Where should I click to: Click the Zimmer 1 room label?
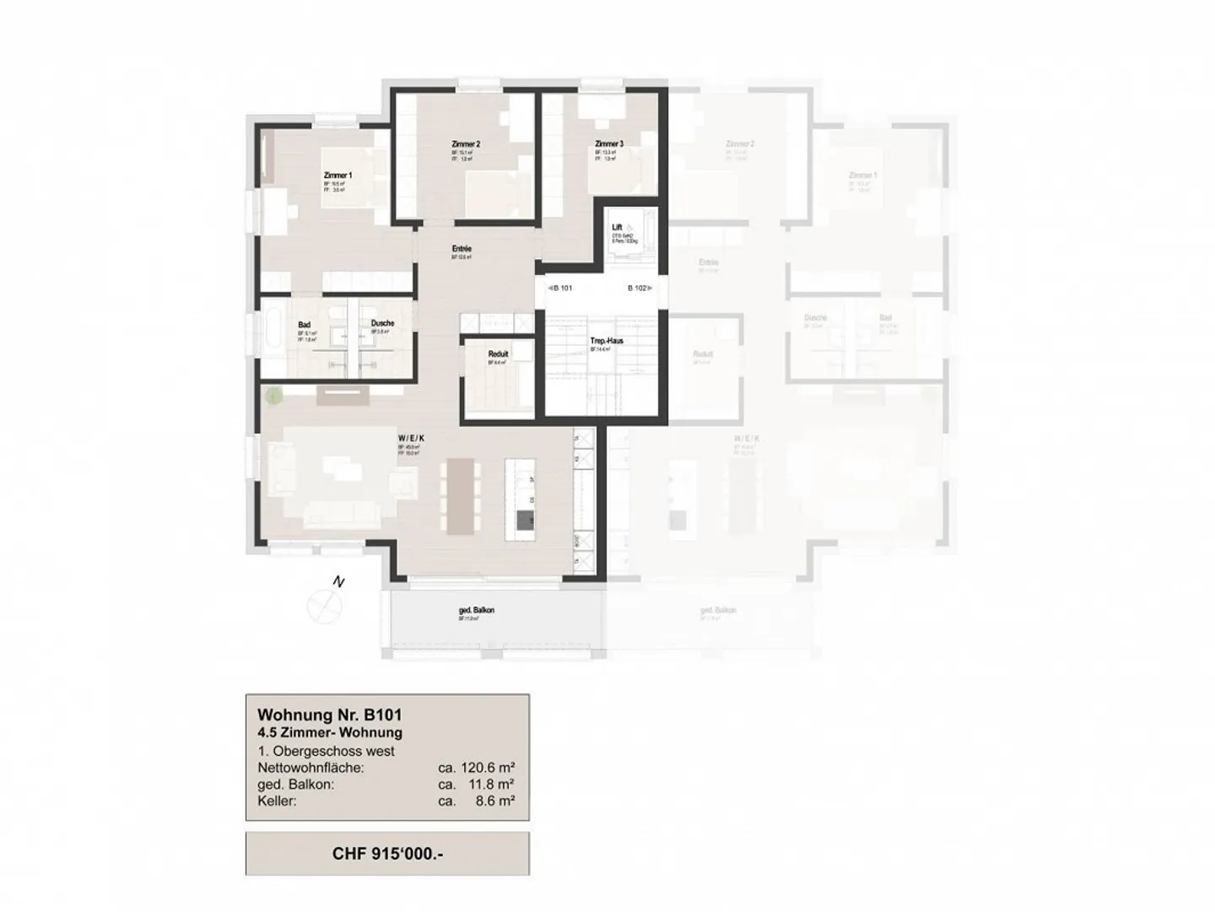tap(337, 175)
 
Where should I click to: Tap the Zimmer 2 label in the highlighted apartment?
tap(466, 144)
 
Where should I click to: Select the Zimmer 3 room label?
tap(608, 144)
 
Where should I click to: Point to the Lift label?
tap(618, 227)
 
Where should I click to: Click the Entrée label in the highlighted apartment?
tap(462, 249)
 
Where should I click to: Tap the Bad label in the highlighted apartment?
tap(304, 325)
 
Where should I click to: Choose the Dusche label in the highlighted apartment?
tap(382, 323)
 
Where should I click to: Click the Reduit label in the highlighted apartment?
tap(498, 354)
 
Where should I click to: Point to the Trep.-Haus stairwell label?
tap(607, 341)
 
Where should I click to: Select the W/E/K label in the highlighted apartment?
tap(411, 439)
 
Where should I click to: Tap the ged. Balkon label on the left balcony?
tap(477, 610)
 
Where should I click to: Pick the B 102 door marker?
tap(638, 288)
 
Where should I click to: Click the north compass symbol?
tap(326, 604)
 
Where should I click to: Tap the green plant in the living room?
tap(273, 394)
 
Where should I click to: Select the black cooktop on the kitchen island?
tap(525, 521)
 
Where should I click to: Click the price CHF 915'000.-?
tap(387, 853)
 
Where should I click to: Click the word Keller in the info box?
tap(277, 801)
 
